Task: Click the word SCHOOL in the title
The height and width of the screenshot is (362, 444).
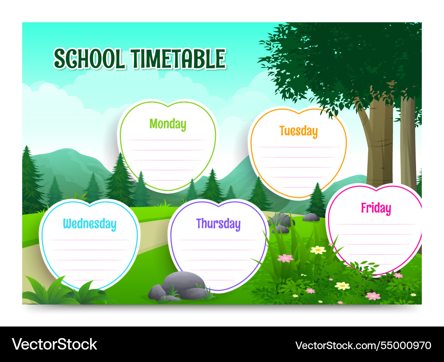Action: [x=89, y=59]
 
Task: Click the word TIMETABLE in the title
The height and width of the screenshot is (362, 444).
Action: [x=178, y=59]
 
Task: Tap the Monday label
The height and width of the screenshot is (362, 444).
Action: [x=167, y=124]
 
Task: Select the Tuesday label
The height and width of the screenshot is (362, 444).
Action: [x=298, y=131]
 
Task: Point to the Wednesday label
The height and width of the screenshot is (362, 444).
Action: [x=89, y=224]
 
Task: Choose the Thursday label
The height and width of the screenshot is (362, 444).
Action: [x=218, y=224]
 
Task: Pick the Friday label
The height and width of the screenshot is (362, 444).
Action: [x=376, y=208]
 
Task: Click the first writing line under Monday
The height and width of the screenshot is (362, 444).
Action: [x=167, y=140]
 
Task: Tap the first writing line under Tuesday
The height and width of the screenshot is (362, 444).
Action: [x=298, y=147]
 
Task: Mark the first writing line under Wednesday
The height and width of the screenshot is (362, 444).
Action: [x=89, y=240]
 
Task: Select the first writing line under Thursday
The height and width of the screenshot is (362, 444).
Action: [x=218, y=240]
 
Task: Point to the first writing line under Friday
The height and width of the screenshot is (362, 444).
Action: [x=376, y=224]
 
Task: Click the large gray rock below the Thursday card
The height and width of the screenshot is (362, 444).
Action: [x=183, y=281]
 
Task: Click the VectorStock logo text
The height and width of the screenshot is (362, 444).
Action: [x=54, y=344]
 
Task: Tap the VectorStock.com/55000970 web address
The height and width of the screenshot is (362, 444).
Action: [x=363, y=345]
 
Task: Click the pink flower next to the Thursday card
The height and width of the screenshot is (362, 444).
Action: [x=285, y=258]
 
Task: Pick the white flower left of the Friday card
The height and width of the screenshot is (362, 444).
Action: [x=318, y=250]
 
